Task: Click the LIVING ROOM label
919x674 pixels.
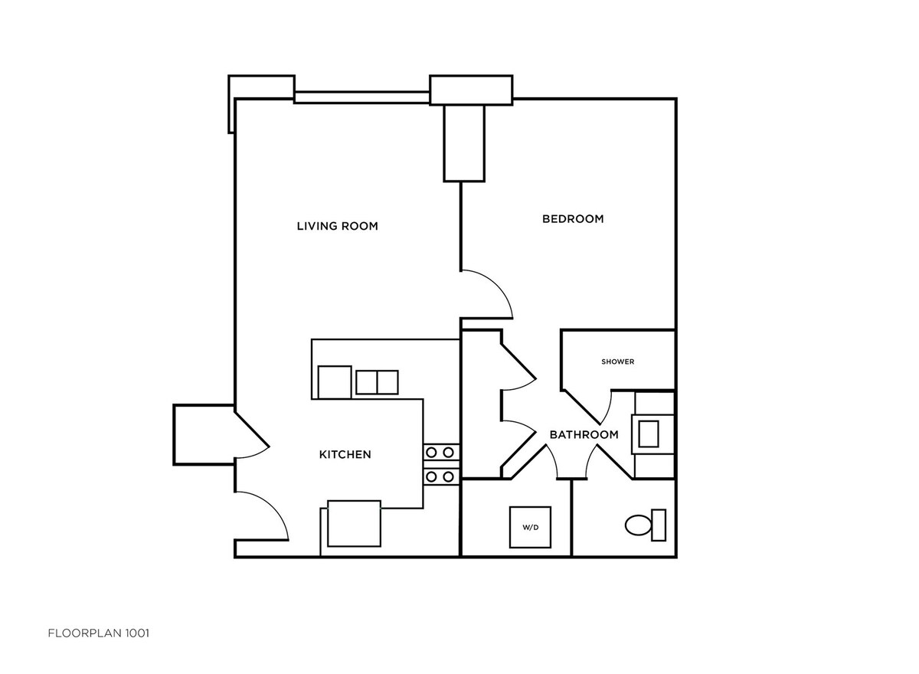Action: (x=338, y=226)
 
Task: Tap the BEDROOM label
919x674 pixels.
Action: (x=573, y=219)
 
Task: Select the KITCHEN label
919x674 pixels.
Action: (x=345, y=454)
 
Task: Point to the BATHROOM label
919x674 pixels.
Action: (x=584, y=434)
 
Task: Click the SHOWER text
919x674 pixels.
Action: (x=617, y=362)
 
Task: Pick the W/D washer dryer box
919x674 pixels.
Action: (x=530, y=527)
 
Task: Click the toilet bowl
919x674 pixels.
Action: (x=637, y=525)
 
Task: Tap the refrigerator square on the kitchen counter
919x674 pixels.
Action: (x=334, y=382)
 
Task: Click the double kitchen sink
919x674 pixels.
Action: (x=377, y=381)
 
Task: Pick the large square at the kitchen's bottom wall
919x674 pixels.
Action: (x=354, y=523)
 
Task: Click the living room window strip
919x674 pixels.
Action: (x=361, y=97)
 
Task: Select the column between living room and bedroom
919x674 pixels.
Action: (x=464, y=142)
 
